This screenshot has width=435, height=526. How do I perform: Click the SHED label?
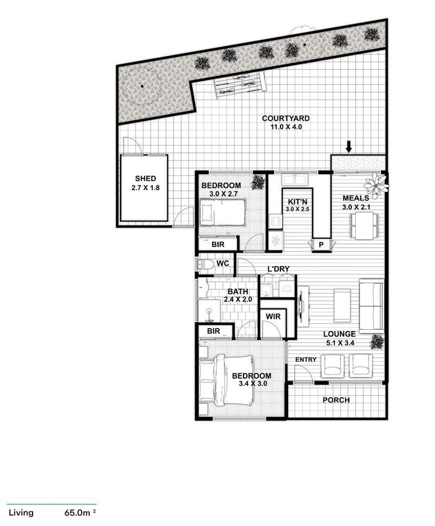(x=146, y=178)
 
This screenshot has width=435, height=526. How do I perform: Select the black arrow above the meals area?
(x=349, y=146)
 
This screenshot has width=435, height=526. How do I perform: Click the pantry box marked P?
(x=321, y=245)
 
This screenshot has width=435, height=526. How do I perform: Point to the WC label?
(x=222, y=264)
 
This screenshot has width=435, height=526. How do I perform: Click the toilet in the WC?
(x=206, y=265)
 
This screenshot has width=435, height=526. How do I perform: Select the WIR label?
(x=272, y=316)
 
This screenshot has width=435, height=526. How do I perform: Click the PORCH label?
(x=336, y=400)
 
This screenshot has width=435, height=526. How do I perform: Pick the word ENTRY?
(x=306, y=360)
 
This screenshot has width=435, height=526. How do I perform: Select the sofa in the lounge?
(x=372, y=306)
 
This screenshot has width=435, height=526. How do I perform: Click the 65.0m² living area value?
(x=79, y=512)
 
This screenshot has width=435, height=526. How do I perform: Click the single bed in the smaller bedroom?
(x=222, y=212)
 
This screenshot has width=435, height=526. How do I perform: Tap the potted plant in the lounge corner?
(x=376, y=341)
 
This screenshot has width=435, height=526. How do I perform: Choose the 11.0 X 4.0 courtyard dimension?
(x=285, y=127)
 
